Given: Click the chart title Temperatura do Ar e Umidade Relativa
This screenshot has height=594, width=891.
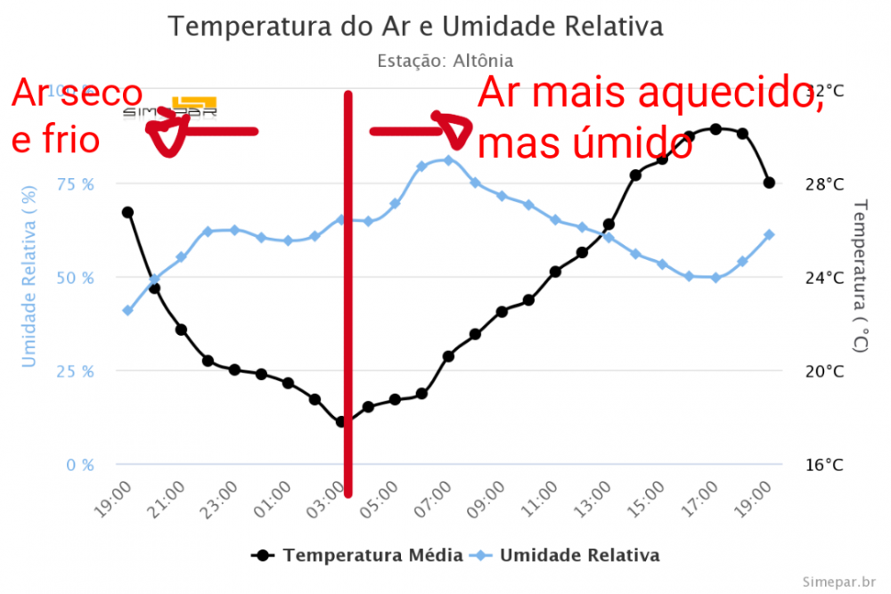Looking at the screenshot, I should pyautogui.click(x=415, y=27).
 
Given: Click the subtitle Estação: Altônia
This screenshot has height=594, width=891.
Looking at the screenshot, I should pyautogui.click(x=445, y=61).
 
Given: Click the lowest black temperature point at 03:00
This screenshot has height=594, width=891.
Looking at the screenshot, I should pyautogui.click(x=341, y=421).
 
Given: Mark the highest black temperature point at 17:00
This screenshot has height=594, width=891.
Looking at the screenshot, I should pyautogui.click(x=715, y=128).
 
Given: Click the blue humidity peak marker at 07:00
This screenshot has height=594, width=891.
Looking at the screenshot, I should pyautogui.click(x=448, y=160).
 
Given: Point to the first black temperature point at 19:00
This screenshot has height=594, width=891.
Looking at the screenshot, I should pyautogui.click(x=127, y=212).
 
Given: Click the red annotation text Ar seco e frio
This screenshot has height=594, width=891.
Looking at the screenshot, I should pyautogui.click(x=76, y=116).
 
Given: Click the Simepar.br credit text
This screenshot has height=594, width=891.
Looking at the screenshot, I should pyautogui.click(x=837, y=582).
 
